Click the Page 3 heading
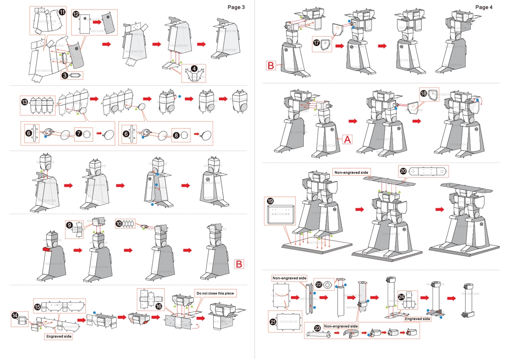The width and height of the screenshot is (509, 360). click(x=236, y=7)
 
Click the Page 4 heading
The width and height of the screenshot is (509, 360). click(x=484, y=7)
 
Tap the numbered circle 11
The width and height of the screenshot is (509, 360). click(x=62, y=12)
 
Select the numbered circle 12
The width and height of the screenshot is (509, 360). click(x=76, y=14)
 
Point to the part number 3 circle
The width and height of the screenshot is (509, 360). click(x=64, y=75)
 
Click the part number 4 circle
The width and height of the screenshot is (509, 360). click(x=194, y=68)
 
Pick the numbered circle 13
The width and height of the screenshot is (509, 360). click(x=25, y=102)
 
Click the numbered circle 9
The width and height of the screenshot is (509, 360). click(x=70, y=225)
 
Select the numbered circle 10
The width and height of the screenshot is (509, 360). click(x=119, y=224)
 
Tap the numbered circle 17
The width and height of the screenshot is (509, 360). click(x=317, y=43)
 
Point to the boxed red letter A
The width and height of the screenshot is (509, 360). click(x=347, y=139)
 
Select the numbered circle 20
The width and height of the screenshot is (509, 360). click(x=403, y=170)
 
